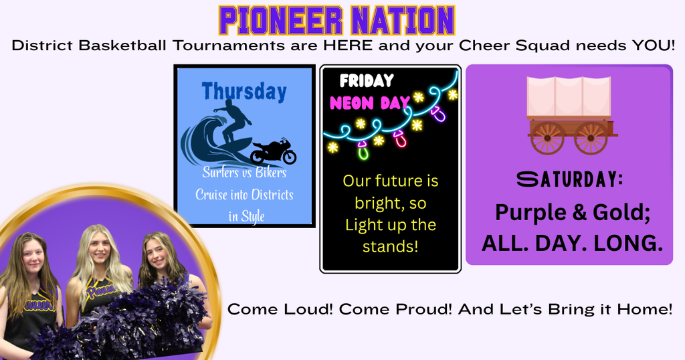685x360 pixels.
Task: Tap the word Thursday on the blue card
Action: [x=244, y=91]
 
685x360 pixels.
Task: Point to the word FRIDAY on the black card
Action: [x=366, y=81]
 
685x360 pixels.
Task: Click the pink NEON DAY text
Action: [x=370, y=104]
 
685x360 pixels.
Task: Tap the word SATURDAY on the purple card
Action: [x=569, y=179]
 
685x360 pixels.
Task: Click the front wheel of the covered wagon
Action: [x=591, y=138]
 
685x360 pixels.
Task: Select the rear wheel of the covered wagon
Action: [x=547, y=138]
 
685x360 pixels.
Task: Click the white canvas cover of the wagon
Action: [x=569, y=96]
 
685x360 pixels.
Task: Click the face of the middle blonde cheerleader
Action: [x=99, y=248]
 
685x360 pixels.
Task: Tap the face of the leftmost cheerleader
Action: [x=33, y=256]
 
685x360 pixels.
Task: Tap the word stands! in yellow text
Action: [x=390, y=246]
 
